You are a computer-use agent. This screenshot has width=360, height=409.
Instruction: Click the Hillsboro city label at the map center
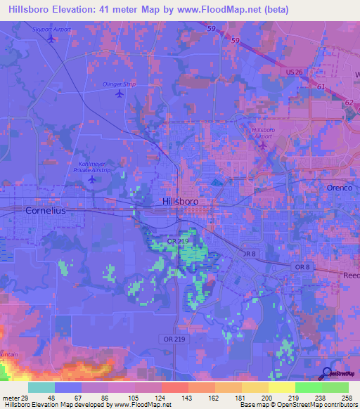click(x=180, y=201)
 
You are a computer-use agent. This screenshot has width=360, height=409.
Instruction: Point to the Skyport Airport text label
click(x=52, y=30)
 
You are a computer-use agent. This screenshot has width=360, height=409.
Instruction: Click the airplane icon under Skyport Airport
click(x=51, y=39)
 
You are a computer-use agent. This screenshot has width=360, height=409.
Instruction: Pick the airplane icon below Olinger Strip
click(x=119, y=93)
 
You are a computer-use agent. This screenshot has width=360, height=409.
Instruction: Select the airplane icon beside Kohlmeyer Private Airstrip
click(x=91, y=179)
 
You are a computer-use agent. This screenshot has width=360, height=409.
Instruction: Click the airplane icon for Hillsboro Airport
click(x=263, y=145)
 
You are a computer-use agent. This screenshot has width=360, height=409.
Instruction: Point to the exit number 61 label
click(x=321, y=86)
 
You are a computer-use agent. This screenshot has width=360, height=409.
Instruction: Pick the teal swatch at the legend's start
click(x=41, y=387)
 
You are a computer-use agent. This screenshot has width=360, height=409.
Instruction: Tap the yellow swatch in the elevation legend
click(x=281, y=387)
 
